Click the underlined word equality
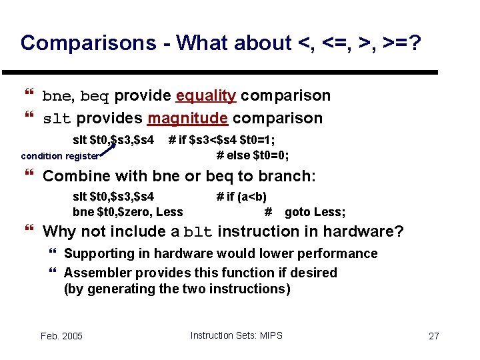tap(205, 96)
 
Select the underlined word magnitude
tap(188, 119)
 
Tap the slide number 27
tap(433, 336)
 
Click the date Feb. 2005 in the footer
tap(61, 336)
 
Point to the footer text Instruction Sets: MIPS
tap(236, 335)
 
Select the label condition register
tap(59, 157)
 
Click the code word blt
tap(198, 233)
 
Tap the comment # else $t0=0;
tap(253, 155)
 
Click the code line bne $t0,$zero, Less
tap(127, 213)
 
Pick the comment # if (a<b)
tap(241, 197)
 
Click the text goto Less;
tap(315, 213)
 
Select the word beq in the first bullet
tap(94, 97)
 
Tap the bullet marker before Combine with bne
tap(27, 177)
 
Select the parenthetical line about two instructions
tap(177, 289)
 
